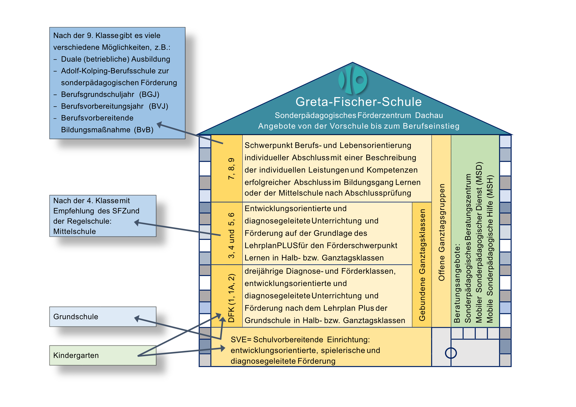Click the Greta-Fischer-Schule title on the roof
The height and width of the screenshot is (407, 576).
[358, 102]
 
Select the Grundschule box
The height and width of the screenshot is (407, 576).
[103, 317]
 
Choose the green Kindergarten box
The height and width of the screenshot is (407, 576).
[103, 355]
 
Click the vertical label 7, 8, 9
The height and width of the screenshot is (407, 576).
[231, 168]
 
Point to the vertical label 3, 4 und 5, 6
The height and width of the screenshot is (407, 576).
[231, 235]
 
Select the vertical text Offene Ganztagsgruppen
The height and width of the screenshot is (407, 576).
[441, 232]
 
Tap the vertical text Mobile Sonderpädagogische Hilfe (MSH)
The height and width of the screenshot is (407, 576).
[490, 249]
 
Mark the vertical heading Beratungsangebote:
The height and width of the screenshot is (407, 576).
[457, 283]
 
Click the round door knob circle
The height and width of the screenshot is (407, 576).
[451, 353]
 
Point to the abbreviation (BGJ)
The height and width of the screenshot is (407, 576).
[149, 94]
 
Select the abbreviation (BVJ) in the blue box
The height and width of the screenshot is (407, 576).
[158, 106]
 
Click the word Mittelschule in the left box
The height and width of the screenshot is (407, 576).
[74, 231]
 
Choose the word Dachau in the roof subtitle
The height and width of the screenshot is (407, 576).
[429, 115]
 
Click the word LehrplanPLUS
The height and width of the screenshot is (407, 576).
[268, 246]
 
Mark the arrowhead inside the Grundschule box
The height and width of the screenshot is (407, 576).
[137, 319]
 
